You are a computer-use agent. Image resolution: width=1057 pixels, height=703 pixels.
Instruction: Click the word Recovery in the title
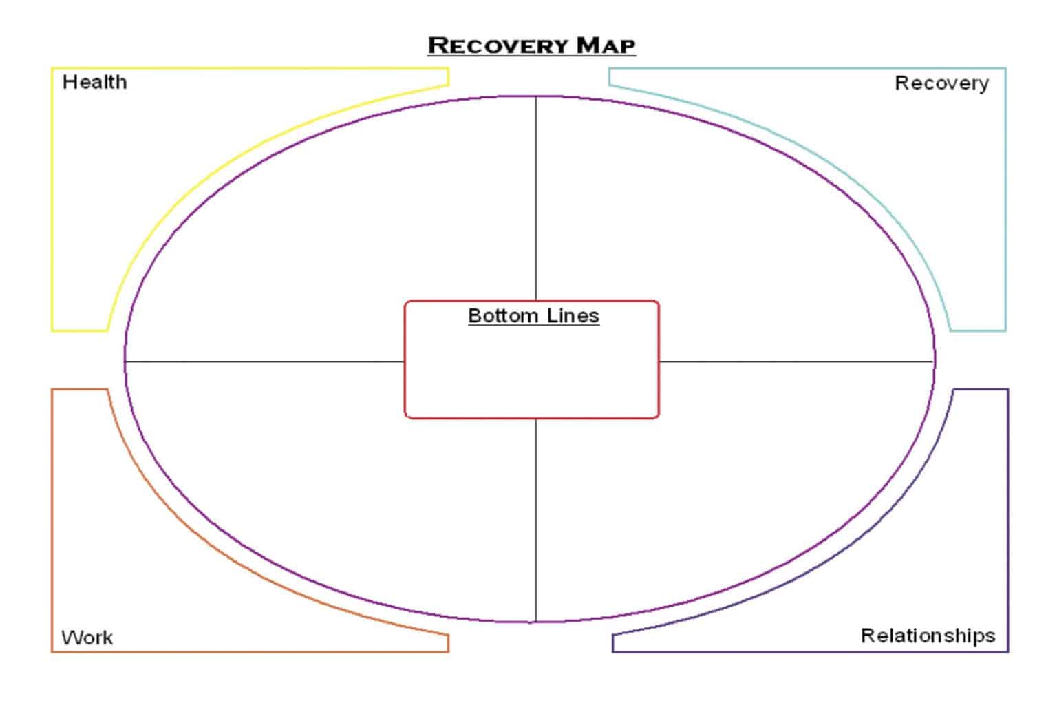tap(498, 45)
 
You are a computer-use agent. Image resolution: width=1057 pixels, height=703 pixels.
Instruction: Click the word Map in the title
tap(606, 45)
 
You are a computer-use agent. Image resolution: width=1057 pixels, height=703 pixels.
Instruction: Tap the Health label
tap(94, 82)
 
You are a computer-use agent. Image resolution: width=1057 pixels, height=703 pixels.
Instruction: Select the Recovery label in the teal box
tap(941, 83)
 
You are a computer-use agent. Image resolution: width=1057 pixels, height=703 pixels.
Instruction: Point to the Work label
tap(87, 638)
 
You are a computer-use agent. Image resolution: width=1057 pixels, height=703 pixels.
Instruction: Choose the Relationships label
tap(928, 636)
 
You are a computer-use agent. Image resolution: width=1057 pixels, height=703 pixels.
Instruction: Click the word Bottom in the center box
tap(502, 315)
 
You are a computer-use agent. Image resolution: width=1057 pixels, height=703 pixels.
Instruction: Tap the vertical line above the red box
tap(535, 198)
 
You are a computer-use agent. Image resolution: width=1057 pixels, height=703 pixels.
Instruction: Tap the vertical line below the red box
tap(535, 520)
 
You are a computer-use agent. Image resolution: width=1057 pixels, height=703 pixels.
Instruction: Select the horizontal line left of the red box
tap(265, 361)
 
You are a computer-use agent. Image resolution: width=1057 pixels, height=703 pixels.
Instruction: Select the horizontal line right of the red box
tap(796, 361)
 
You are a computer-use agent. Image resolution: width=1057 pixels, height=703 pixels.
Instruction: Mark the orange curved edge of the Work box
tap(198, 543)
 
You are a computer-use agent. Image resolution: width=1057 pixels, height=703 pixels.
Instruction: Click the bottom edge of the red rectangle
tap(532, 417)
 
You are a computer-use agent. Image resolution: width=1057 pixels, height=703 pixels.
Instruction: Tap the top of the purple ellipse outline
tap(529, 97)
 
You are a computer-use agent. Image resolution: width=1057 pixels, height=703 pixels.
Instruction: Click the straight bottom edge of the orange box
tap(250, 651)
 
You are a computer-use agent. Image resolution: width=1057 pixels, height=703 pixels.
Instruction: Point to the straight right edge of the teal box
tap(1005, 199)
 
